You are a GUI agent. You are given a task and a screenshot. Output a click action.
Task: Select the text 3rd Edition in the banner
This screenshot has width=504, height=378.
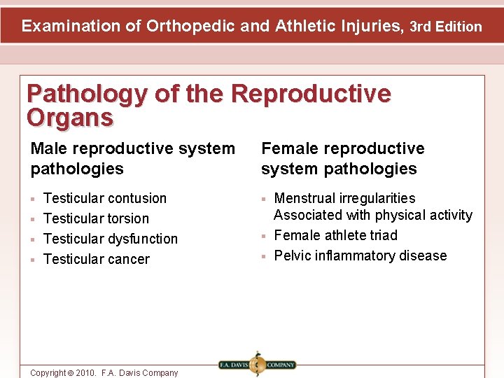coord(446,27)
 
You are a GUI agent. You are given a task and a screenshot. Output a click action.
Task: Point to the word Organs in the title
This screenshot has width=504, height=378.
coord(69,118)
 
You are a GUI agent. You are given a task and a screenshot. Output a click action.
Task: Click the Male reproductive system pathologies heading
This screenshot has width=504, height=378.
coord(133,158)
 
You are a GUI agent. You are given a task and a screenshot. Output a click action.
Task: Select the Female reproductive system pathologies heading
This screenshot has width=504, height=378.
coord(343,158)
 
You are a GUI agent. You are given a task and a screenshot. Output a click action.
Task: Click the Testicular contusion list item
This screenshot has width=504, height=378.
coord(105,198)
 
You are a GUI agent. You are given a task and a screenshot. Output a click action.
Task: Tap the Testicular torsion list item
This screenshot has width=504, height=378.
coord(96,218)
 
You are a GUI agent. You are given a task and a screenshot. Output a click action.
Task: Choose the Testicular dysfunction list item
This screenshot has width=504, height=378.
coord(111,239)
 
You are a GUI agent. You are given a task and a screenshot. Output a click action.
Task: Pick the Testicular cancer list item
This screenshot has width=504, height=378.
coord(97,259)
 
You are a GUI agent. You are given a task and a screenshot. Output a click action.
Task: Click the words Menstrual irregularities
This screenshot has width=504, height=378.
coord(344,198)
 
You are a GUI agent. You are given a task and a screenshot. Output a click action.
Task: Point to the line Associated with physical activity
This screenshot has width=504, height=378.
coord(373,215)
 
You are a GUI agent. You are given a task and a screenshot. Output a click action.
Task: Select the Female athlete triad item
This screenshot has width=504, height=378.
coord(335,235)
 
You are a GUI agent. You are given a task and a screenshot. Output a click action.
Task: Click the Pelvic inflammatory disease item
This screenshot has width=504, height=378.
coord(360,255)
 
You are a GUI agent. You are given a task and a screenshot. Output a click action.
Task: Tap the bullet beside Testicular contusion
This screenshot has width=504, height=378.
coord(33,199)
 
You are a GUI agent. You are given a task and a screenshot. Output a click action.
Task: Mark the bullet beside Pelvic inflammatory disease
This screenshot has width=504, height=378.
coord(264,256)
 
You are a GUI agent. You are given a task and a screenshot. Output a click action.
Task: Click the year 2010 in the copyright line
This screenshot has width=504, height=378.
coord(85,373)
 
